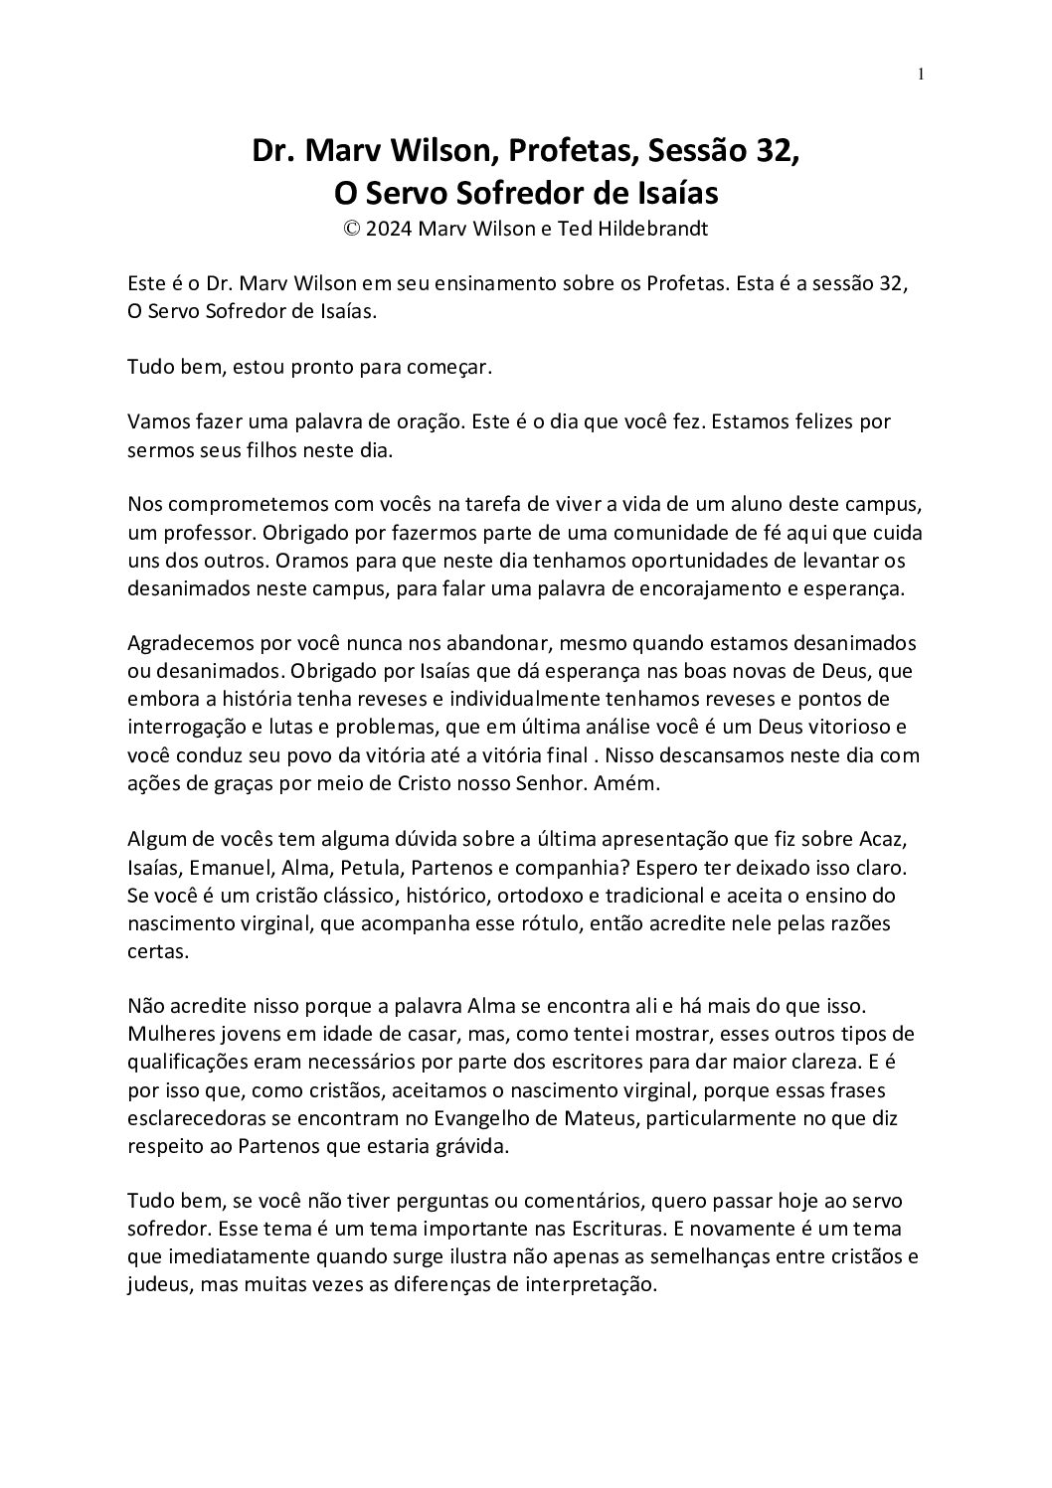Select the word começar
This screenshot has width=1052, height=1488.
[451, 367]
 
